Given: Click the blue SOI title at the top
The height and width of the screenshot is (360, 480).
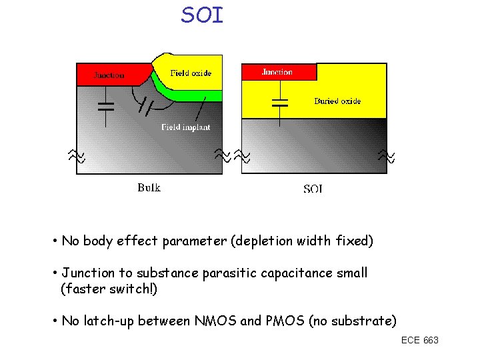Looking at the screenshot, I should coord(202,15).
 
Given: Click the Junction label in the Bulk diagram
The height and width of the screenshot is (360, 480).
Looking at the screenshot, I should coord(108,75).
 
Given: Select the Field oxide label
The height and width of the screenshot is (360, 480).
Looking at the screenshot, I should coord(191,73).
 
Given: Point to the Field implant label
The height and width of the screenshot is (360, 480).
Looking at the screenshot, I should coord(186,127).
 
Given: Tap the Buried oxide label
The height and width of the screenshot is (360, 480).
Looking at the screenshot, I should coord(337,101).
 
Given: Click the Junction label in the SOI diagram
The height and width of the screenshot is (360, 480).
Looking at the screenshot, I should coord(277,72).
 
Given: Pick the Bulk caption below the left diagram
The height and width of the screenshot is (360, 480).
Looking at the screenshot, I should coord(149,187).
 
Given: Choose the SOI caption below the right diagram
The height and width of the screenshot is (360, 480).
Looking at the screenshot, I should coord(313,189).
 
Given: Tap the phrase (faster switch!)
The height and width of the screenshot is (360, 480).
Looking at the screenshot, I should coord(109,289).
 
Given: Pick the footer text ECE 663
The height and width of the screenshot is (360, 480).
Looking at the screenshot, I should coord(420,341).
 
